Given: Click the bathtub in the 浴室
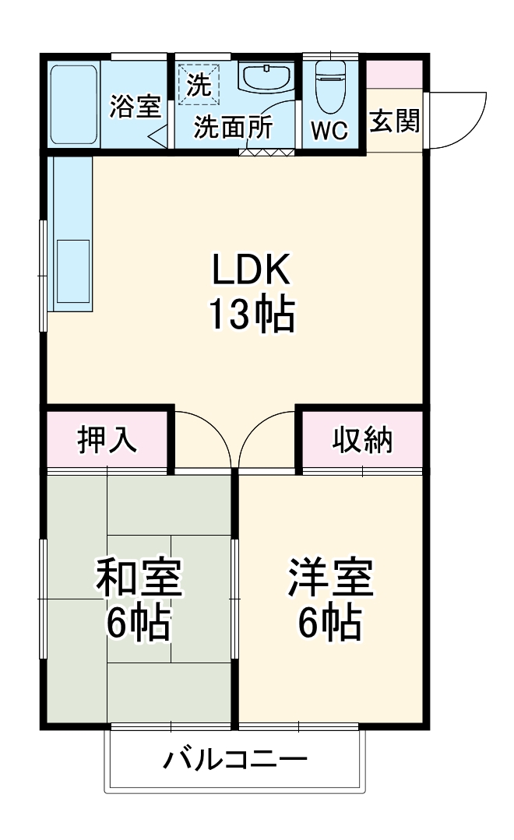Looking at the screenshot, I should (x=74, y=104).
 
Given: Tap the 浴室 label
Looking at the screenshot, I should (x=135, y=106).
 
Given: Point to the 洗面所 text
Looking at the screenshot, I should (x=233, y=127).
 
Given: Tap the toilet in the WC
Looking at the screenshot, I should (x=330, y=82).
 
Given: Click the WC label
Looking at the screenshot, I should (x=330, y=131).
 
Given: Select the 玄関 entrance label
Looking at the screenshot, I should (x=394, y=121).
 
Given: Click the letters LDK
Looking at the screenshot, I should (x=252, y=271).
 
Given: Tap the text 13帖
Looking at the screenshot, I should (x=252, y=315).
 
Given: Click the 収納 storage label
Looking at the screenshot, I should (x=363, y=440).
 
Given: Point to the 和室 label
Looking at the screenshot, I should (x=139, y=577).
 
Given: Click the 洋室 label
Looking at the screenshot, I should (x=331, y=577).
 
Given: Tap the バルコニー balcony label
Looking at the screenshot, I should (x=234, y=759).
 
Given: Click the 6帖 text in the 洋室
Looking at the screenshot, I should (x=331, y=622).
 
